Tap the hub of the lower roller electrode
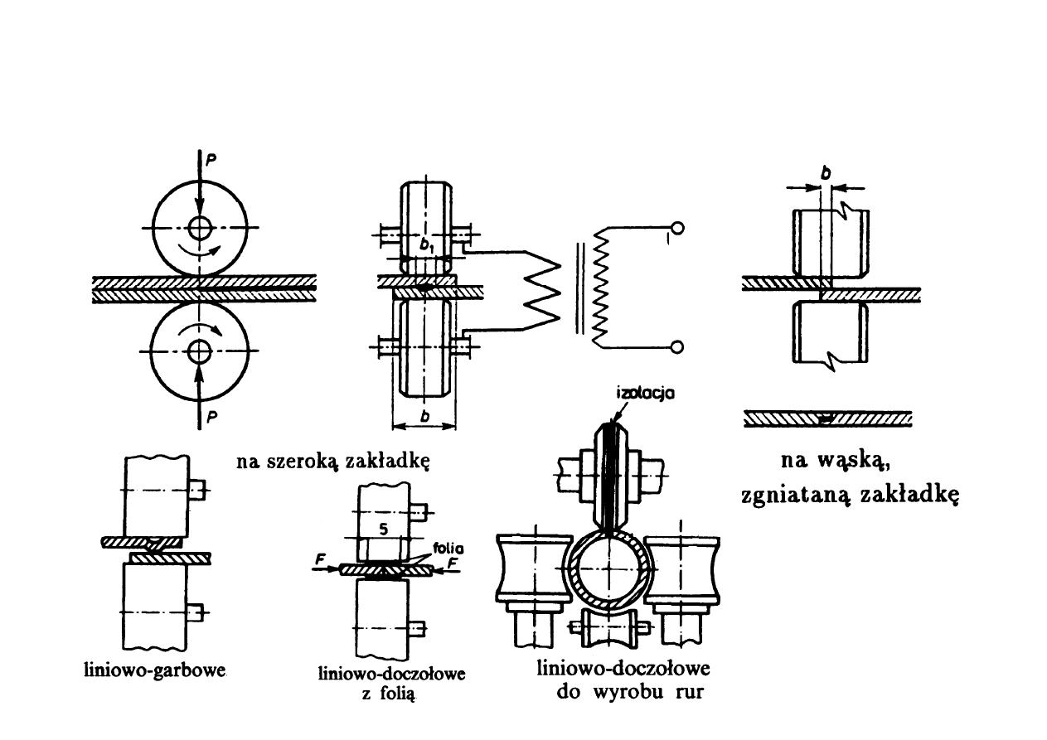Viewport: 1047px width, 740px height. pyautogui.click(x=198, y=351)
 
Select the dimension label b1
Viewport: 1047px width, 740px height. pyautogui.click(x=427, y=245)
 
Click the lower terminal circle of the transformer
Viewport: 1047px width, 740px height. pyautogui.click(x=677, y=347)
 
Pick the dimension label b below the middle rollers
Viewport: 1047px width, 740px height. pyautogui.click(x=424, y=418)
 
